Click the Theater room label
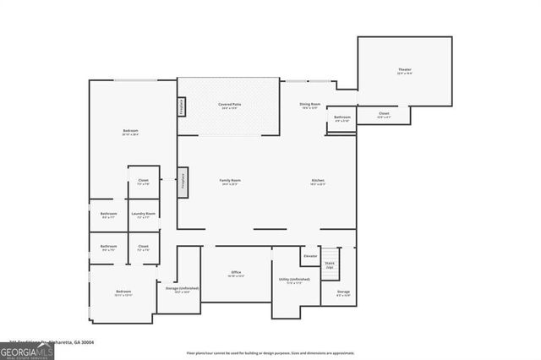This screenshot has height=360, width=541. [405, 70]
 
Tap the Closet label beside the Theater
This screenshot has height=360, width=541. [384, 116]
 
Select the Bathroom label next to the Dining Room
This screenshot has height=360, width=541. [342, 119]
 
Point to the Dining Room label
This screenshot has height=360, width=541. [309, 105]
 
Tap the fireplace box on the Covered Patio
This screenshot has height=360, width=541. [181, 107]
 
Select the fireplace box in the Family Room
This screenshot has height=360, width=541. [181, 182]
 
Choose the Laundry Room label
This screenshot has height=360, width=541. [143, 215]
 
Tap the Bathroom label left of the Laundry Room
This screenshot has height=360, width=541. [108, 215]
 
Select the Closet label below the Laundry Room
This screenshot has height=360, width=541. [143, 248]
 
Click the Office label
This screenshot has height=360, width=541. [236, 273]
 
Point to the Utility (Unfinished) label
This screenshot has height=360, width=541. [294, 281]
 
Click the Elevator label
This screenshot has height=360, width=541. [310, 256]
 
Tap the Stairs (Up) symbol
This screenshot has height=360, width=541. [330, 265]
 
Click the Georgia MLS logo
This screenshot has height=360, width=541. [27, 351]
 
